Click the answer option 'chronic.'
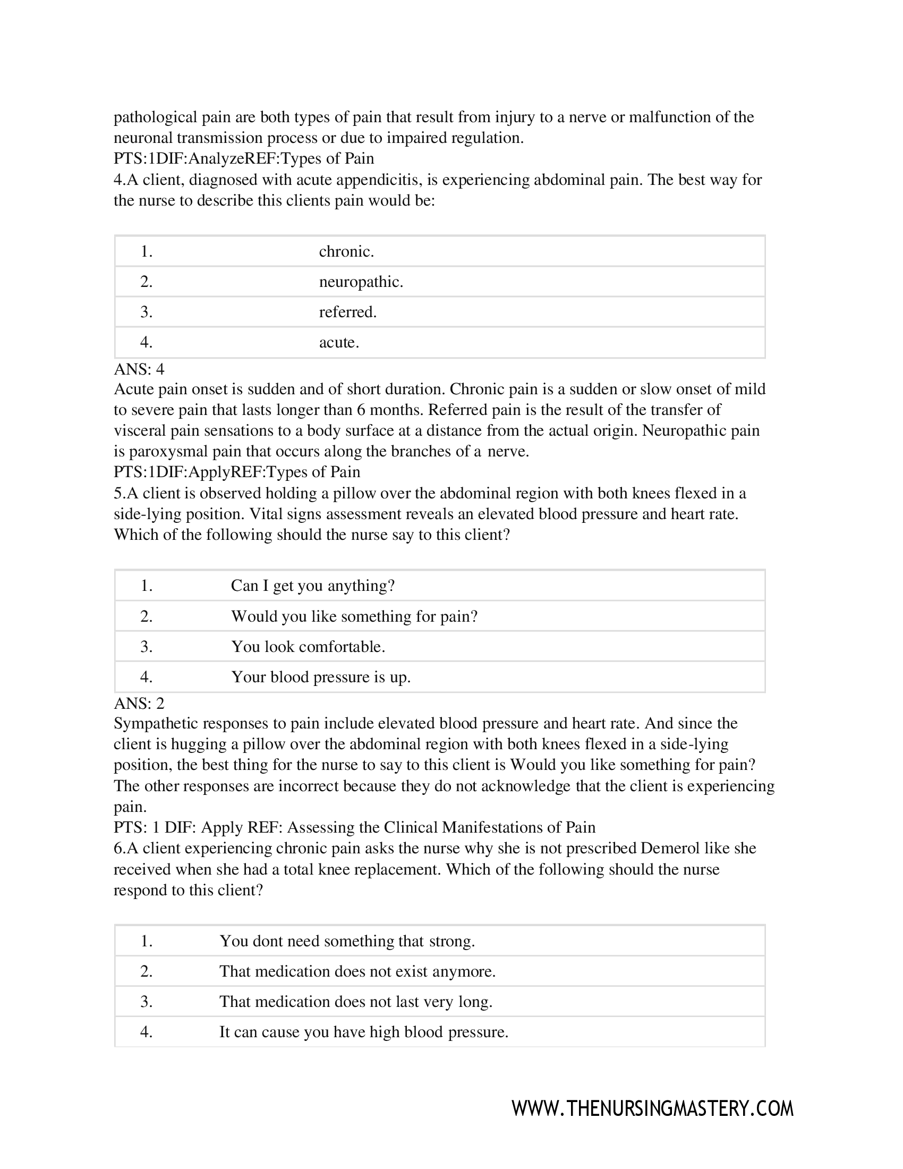click(x=346, y=251)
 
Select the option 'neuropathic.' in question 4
click(x=361, y=282)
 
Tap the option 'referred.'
click(x=348, y=312)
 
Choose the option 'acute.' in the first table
click(x=339, y=343)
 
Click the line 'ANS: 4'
click(x=139, y=369)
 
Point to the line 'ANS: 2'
click(x=139, y=703)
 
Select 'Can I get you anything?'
click(x=312, y=586)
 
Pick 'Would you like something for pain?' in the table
click(x=354, y=616)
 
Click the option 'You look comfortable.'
click(x=308, y=647)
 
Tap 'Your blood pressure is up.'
click(x=320, y=677)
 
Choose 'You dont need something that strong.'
click(x=347, y=941)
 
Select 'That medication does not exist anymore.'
click(x=357, y=971)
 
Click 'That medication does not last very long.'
click(x=355, y=1002)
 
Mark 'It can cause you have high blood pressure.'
click(x=363, y=1032)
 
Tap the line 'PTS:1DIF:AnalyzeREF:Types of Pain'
click(x=243, y=158)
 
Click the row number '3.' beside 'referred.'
click(x=147, y=312)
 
